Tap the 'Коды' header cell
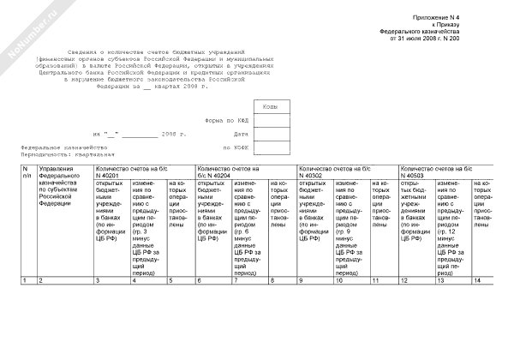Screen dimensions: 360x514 (268, 105)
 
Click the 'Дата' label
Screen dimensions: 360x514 (240, 134)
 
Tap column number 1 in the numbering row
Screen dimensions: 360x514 (26, 281)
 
